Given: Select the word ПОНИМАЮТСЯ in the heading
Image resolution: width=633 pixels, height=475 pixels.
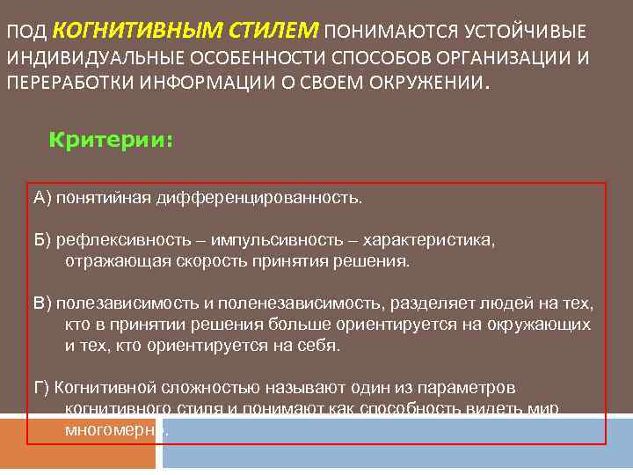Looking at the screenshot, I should pyautogui.click(x=383, y=33).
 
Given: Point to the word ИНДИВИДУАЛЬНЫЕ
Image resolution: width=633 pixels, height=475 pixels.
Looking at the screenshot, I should pyautogui.click(x=86, y=60).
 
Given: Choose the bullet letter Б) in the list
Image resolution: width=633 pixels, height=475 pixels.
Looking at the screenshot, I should pyautogui.click(x=43, y=241).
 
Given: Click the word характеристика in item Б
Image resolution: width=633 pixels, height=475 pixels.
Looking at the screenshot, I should pyautogui.click(x=428, y=241).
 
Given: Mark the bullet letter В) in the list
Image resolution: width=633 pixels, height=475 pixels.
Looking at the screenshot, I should pyautogui.click(x=43, y=304).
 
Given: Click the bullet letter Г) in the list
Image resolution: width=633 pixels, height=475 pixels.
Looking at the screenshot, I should pyautogui.click(x=43, y=388).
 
